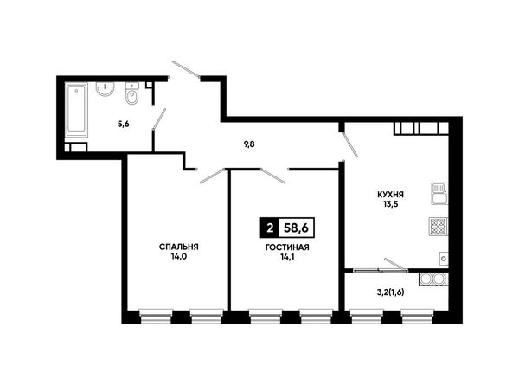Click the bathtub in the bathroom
click(77, 110)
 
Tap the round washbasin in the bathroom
click(106, 88)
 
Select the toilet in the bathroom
click(132, 93)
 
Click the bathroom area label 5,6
click(123, 124)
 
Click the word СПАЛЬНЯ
click(179, 247)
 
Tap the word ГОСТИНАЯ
click(287, 247)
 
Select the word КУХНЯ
click(391, 195)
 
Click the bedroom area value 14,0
click(179, 256)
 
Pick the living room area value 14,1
click(287, 257)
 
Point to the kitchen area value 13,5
click(391, 204)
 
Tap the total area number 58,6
click(296, 228)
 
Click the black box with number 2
click(270, 228)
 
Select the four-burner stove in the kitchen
click(439, 227)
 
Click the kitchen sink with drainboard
click(439, 193)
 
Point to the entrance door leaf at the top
click(186, 70)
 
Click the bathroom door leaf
click(159, 119)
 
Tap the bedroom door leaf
click(212, 176)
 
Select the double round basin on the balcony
click(433, 279)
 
